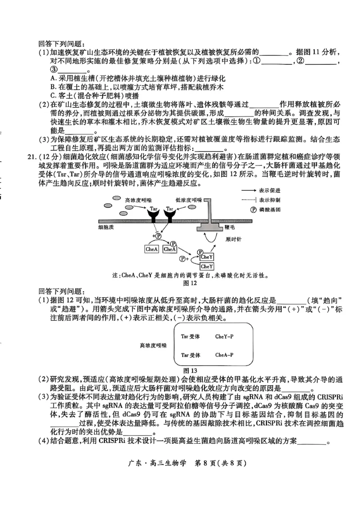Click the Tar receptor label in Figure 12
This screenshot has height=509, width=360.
pyautogui.click(x=154, y=209)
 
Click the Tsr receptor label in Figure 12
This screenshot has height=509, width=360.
pyautogui.click(x=170, y=209)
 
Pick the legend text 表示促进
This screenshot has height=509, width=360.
pyautogui.click(x=270, y=190)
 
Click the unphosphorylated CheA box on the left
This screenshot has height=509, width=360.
pyautogui.click(x=151, y=249)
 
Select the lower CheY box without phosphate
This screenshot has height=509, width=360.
pyautogui.click(x=207, y=267)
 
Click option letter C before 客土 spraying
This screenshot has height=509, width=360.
pyautogui.click(x=53, y=95)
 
